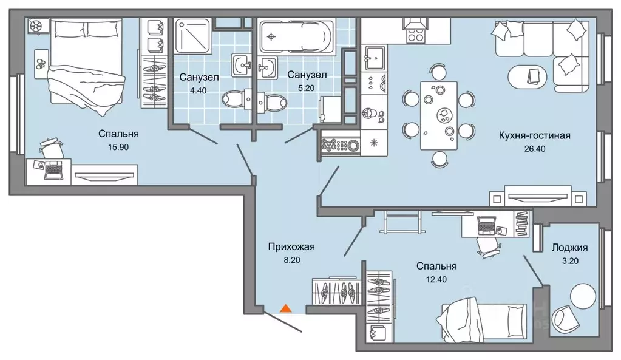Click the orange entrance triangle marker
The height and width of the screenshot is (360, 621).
(x=286, y=308)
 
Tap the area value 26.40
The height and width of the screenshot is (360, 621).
(x=535, y=149)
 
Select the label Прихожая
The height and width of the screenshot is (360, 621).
(x=291, y=247)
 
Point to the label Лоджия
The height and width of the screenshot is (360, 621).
(x=570, y=248)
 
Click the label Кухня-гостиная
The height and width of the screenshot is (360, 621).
(x=535, y=136)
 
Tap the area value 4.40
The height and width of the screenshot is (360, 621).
(x=198, y=90)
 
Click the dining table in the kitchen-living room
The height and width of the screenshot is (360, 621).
(x=439, y=115)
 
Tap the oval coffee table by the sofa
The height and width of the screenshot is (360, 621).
(x=528, y=76)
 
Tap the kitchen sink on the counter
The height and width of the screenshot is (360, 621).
(x=375, y=58)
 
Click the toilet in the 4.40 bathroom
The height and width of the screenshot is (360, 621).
(x=236, y=99)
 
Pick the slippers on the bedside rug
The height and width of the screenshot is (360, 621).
(x=41, y=64)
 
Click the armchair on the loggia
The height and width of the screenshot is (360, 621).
(x=563, y=318)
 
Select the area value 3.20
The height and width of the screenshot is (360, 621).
(x=570, y=261)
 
